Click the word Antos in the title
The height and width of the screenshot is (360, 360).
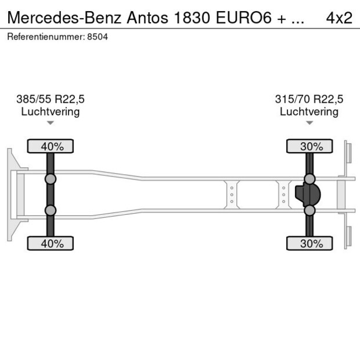click(147, 18)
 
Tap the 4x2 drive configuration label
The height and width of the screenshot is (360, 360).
click(339, 18)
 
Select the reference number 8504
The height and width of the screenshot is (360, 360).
click(98, 37)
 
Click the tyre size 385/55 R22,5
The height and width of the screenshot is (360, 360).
click(51, 99)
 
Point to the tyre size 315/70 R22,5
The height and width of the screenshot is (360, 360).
click(309, 99)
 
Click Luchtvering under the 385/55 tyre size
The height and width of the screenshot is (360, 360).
click(51, 112)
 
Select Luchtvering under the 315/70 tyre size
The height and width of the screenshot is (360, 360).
click(309, 112)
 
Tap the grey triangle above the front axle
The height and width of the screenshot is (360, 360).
click(51, 123)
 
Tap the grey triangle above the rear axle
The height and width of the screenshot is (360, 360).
click(309, 123)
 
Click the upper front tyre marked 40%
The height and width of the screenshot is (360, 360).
click(51, 146)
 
